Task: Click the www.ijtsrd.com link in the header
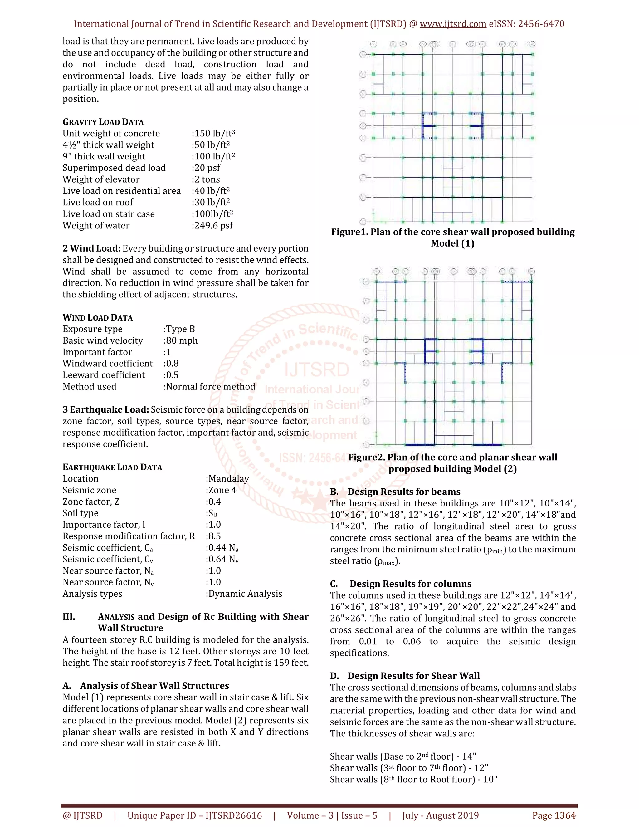pos(453,24)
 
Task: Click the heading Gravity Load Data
pos(103,122)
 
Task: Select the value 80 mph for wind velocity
pos(181,340)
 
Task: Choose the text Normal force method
pos(210,387)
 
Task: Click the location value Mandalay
pos(227,479)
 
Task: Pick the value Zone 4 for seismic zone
pos(222,490)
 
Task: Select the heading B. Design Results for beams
pos(395,492)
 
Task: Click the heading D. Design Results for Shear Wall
pos(405,676)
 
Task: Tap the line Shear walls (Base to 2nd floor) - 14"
pos(403,756)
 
